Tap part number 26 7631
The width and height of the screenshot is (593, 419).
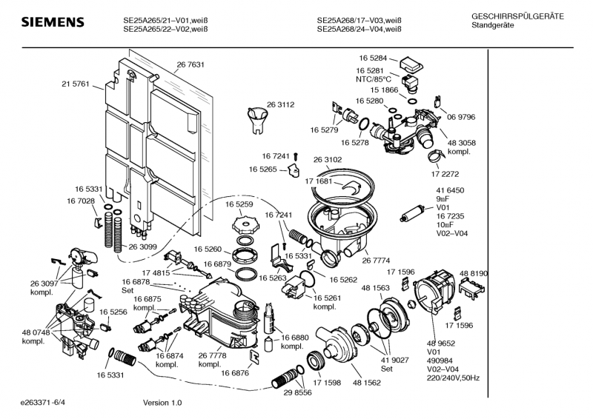tap(191, 65)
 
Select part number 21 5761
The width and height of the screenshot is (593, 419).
tap(75, 84)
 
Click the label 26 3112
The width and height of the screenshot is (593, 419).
tap(281, 105)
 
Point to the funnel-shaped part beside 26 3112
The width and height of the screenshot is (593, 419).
tap(256, 118)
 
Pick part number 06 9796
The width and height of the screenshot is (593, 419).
tap(461, 117)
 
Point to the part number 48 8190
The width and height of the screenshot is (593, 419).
tap(474, 273)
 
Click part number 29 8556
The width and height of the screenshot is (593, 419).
tap(298, 392)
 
